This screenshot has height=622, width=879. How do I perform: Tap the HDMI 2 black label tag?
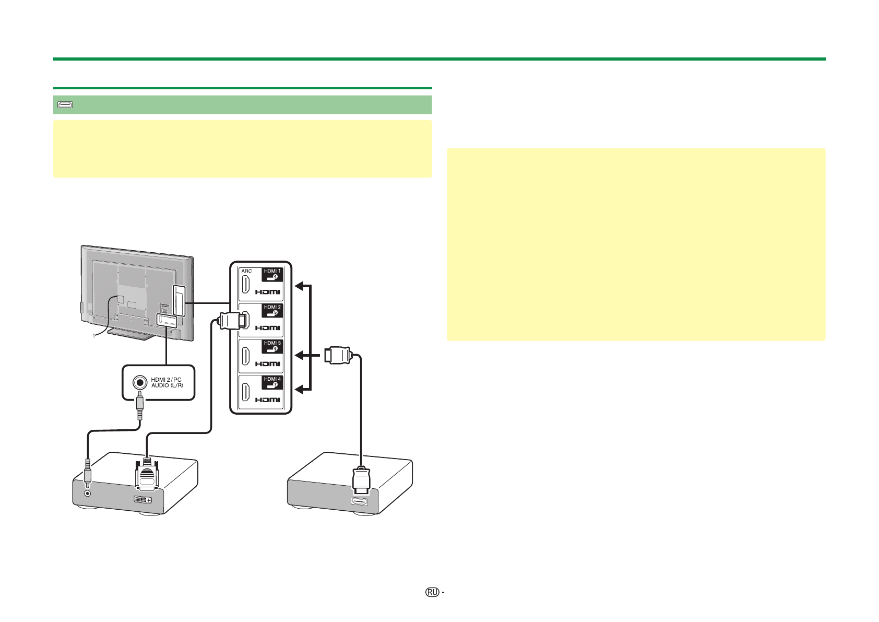[272, 310]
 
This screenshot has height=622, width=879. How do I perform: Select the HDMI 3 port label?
[272, 346]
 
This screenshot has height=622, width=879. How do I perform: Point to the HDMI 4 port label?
[272, 382]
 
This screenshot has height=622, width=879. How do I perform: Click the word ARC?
[246, 271]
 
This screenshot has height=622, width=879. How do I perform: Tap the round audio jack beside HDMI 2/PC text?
[139, 382]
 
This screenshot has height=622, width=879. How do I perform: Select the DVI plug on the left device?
[148, 476]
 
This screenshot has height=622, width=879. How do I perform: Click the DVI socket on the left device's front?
[142, 500]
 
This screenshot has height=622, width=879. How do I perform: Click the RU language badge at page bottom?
[432, 592]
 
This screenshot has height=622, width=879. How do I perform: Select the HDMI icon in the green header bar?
[65, 105]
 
